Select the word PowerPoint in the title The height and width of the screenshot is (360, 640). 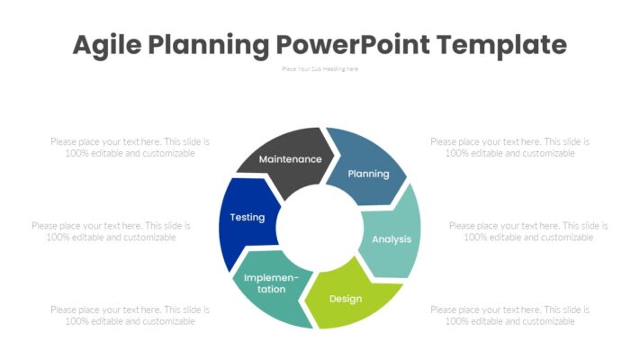(345, 44)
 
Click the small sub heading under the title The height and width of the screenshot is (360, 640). (320, 68)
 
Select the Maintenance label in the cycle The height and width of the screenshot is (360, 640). (290, 159)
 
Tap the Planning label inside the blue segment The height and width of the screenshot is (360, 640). (368, 174)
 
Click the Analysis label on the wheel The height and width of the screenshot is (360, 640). (392, 238)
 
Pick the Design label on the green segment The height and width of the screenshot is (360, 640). (345, 298)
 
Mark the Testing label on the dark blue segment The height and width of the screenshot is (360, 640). (247, 217)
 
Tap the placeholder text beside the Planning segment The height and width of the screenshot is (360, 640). (509, 147)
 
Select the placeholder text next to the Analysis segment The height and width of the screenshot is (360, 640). (528, 231)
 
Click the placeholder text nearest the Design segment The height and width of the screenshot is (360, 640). (509, 315)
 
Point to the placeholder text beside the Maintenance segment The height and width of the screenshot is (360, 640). (130, 147)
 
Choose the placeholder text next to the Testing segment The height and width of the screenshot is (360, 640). (111, 231)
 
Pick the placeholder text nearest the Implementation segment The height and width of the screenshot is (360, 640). (130, 315)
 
